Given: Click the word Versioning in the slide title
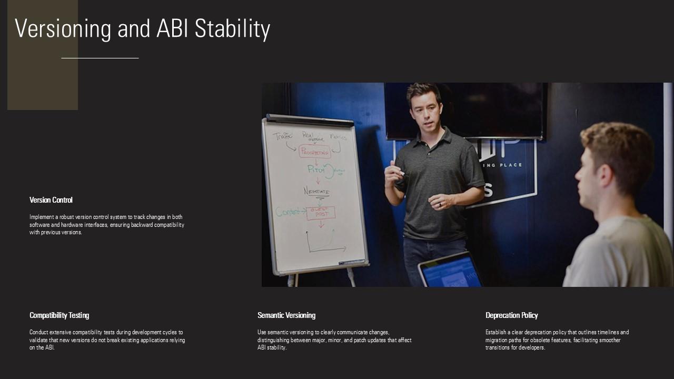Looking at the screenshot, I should [x=63, y=29].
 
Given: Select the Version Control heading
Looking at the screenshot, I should [x=51, y=200].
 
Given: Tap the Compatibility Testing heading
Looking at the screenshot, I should [x=59, y=315].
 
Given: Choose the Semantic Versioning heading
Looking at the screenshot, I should [x=286, y=315].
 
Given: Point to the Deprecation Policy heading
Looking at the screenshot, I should [x=511, y=315].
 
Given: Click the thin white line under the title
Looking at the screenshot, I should [x=100, y=58].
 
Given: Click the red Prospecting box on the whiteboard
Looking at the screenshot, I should [x=315, y=152].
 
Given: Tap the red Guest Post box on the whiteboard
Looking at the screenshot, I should [x=321, y=213].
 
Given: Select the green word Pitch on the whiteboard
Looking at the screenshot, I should [x=316, y=170].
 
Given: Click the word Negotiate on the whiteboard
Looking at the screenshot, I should [x=316, y=192].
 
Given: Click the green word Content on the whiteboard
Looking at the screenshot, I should [x=289, y=212].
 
